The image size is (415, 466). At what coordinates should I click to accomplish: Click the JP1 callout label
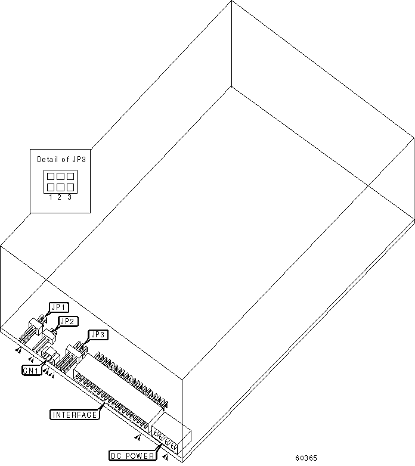coord(60,307)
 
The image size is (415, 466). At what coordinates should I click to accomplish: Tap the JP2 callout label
coord(67,321)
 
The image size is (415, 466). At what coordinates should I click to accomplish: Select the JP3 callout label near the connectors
coord(98,335)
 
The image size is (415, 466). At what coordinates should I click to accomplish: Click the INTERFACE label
coord(74,415)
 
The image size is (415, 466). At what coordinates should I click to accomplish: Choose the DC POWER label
coord(133,456)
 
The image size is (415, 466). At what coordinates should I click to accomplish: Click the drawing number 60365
coord(306,459)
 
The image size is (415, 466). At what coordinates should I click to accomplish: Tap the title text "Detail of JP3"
coord(60,159)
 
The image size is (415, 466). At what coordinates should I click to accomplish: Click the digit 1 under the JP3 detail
coord(51,197)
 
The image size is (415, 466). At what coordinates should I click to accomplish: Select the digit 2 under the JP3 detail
coord(60,197)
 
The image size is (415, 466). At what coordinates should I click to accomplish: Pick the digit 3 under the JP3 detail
coord(70,197)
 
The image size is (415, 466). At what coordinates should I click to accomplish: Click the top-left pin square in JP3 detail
coord(51,176)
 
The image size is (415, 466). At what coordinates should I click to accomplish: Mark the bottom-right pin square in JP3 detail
coord(70,187)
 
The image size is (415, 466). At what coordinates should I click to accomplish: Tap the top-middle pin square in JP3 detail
coord(60,176)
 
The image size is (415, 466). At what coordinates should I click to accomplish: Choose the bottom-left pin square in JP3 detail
coord(51,187)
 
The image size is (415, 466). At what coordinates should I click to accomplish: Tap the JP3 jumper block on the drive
coord(74,356)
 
